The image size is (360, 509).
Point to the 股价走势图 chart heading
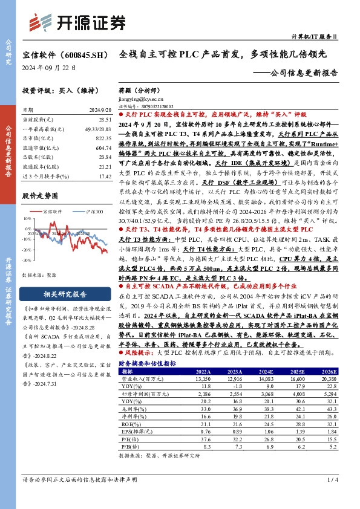tap(40, 196)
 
